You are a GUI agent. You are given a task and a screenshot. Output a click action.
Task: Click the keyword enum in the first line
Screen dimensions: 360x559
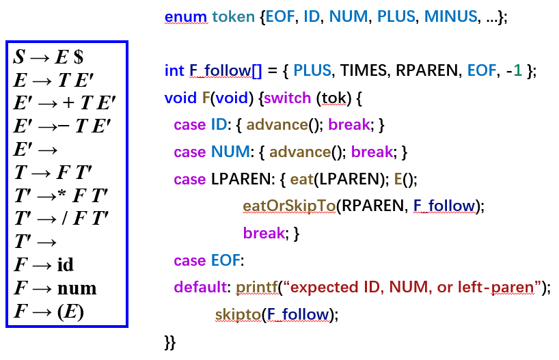(181, 16)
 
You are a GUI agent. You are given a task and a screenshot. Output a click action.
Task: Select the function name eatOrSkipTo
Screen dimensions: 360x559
(288, 206)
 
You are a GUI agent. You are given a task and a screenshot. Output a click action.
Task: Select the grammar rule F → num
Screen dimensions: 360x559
(55, 288)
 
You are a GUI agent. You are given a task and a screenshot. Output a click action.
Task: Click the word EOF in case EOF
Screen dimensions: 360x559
(227, 260)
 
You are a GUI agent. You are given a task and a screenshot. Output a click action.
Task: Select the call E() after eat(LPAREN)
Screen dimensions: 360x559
(401, 179)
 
